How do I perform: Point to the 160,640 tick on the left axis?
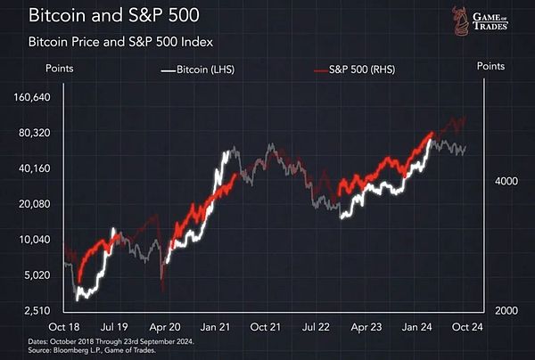(x=38, y=97)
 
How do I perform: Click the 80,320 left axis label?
(x=41, y=133)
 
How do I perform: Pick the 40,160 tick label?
(x=41, y=168)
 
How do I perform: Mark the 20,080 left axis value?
(x=41, y=204)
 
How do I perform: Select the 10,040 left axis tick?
(x=41, y=240)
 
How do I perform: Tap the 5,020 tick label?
(x=44, y=275)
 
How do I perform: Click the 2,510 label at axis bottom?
(x=44, y=310)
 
